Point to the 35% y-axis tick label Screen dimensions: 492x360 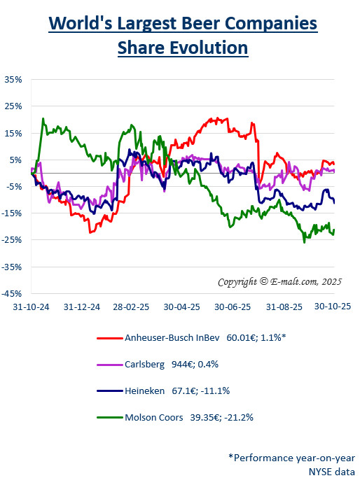pos(14,80)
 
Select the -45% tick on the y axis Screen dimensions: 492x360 pos(13,293)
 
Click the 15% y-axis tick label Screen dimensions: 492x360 pos(14,133)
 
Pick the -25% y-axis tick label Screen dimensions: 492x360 pos(13,240)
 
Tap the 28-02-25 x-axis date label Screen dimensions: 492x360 pos(129,307)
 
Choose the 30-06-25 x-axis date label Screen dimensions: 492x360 pos(233,307)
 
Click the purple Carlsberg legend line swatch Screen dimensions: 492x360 pos(108,364)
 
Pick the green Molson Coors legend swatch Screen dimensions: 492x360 pos(108,418)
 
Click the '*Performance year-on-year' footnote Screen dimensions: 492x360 pos(291,457)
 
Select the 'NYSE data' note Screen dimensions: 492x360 pos(331,472)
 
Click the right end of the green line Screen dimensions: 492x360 pos(334,230)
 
